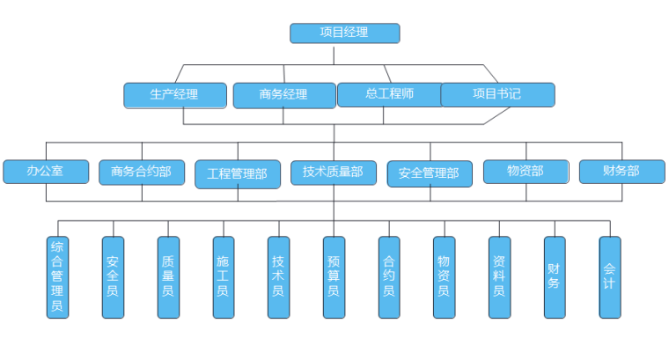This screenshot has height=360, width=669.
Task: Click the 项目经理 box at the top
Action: (345, 33)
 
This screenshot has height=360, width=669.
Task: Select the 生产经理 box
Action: (174, 94)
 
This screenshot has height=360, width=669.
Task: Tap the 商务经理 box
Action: (283, 95)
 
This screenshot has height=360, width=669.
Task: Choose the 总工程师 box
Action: (389, 94)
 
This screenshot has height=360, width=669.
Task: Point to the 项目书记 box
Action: (497, 94)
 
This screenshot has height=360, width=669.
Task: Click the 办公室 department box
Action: (46, 171)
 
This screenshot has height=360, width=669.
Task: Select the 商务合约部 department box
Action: (142, 172)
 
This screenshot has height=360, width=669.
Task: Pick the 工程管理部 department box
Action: (238, 173)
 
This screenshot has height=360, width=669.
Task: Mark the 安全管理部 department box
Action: (430, 173)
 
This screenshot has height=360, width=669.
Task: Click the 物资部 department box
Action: (526, 171)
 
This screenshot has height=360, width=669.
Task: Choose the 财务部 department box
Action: (622, 171)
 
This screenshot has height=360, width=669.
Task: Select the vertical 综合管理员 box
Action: (57, 276)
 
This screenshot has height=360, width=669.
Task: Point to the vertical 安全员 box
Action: (113, 276)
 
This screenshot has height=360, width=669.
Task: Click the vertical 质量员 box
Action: (168, 276)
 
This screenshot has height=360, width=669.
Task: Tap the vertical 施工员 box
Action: (224, 276)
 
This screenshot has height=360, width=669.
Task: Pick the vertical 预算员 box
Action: (334, 276)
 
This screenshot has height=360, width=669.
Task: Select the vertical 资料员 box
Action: (499, 276)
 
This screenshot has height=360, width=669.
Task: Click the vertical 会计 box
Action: (610, 276)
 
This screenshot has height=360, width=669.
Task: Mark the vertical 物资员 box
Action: (445, 276)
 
